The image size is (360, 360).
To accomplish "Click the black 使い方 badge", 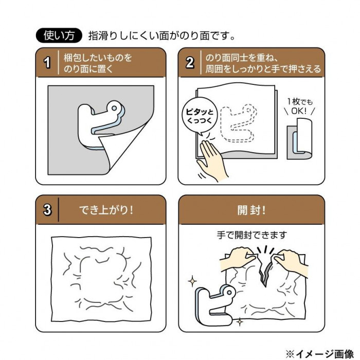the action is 59,35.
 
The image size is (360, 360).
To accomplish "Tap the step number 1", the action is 47,62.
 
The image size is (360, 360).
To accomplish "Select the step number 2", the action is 190,62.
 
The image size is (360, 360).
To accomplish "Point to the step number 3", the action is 47,210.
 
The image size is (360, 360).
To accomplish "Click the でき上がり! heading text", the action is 106,210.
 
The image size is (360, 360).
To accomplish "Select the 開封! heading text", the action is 251,210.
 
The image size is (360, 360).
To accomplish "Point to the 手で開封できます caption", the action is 252,235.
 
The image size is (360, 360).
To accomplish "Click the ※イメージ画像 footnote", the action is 319,354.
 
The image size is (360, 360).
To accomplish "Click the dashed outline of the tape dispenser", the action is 238,124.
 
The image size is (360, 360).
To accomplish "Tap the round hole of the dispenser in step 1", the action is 114,108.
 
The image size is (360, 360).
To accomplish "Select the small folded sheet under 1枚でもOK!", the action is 299,139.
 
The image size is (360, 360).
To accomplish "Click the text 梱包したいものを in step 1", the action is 98,58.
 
